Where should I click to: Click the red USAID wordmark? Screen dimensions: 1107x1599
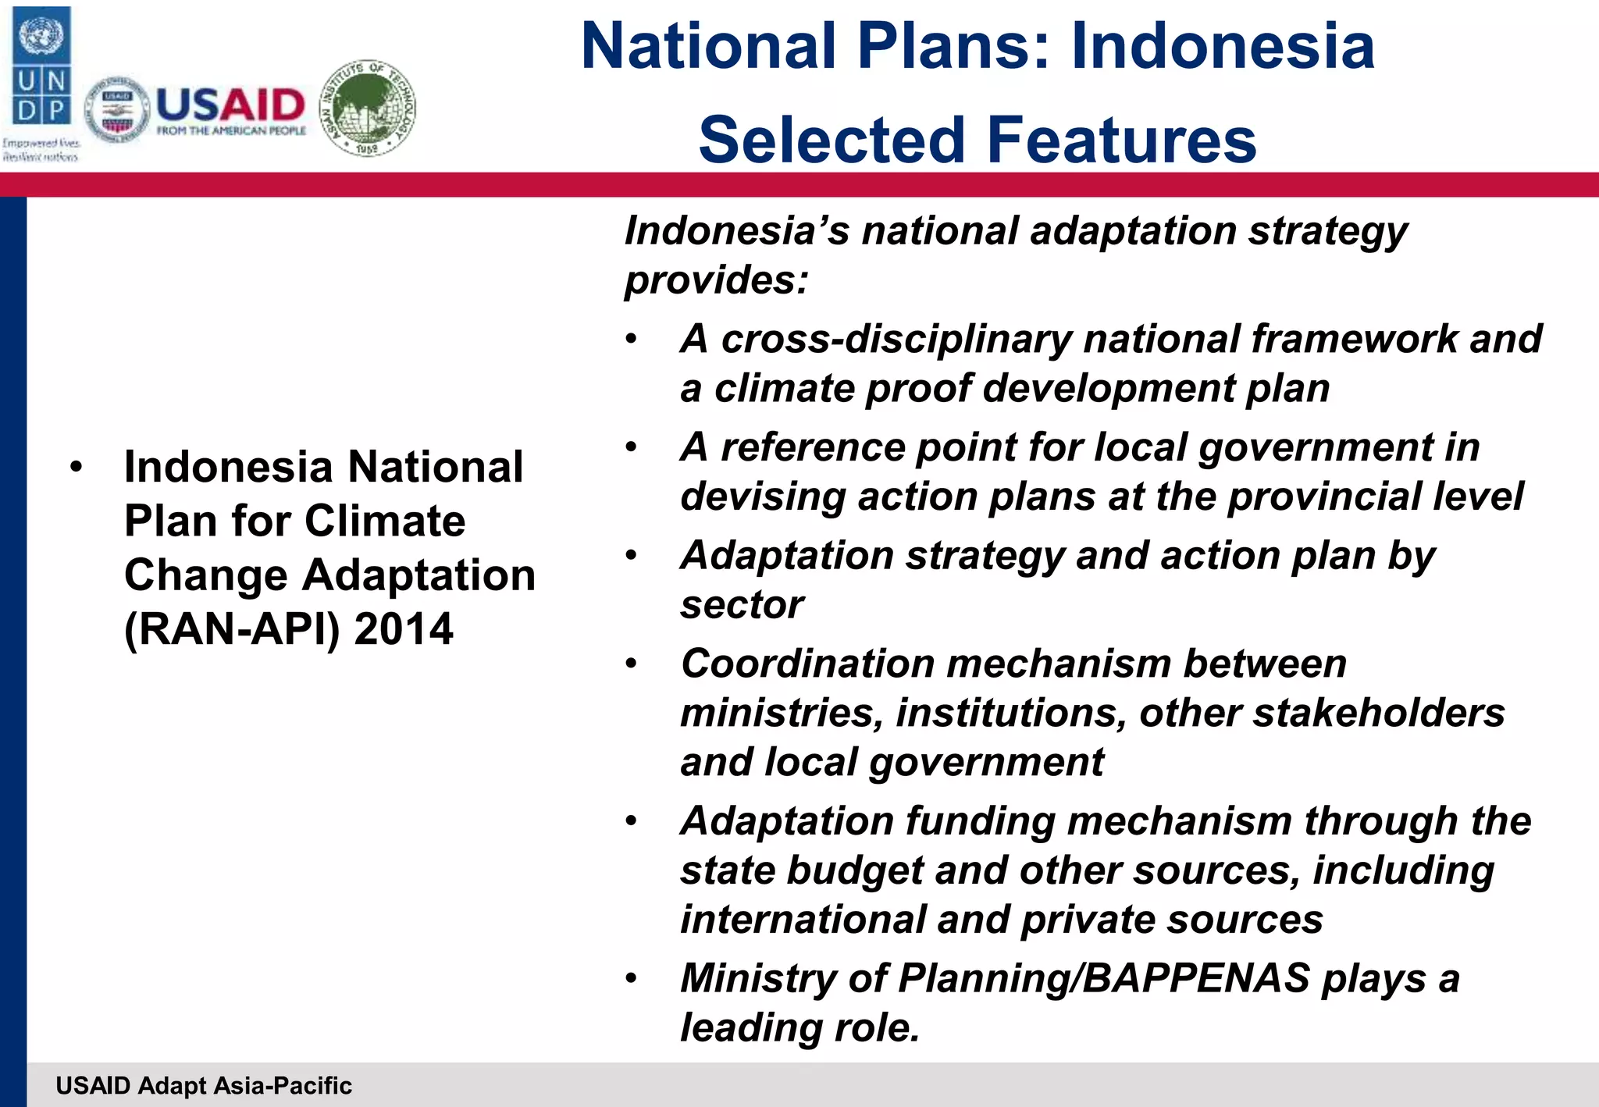(230, 105)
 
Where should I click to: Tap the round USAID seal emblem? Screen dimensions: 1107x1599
(117, 110)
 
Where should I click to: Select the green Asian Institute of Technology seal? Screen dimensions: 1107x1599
(369, 108)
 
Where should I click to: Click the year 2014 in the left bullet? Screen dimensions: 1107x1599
(403, 629)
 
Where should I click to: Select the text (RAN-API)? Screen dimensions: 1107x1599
(232, 629)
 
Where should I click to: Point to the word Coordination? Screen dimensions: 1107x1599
(807, 664)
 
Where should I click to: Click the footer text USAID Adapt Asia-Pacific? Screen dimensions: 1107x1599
(204, 1085)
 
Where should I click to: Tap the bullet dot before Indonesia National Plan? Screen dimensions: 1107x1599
(76, 468)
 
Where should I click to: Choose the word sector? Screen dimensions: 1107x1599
(741, 605)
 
